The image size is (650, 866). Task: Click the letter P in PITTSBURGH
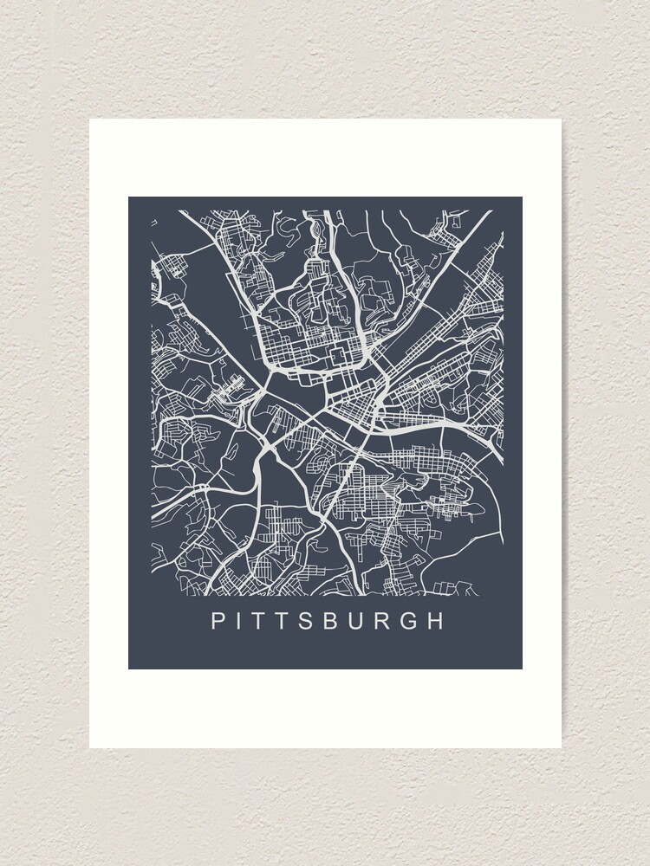click(x=218, y=621)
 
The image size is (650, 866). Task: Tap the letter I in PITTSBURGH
click(x=241, y=621)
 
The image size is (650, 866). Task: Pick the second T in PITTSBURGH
click(x=290, y=621)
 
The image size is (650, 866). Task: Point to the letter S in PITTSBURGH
click(x=318, y=621)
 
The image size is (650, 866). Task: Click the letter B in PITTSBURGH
click(x=347, y=621)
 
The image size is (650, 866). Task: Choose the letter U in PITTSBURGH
click(x=376, y=621)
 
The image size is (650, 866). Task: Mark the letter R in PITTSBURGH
click(x=406, y=621)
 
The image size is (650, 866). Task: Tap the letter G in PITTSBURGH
click(x=434, y=621)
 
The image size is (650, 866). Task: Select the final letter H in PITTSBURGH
click(x=465, y=621)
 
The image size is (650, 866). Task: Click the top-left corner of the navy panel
click(x=129, y=197)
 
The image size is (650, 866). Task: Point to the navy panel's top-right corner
click(x=522, y=197)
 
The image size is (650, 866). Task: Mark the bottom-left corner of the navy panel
click(x=129, y=669)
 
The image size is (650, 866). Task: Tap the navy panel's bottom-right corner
click(x=522, y=669)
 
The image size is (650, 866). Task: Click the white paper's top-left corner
click(x=90, y=120)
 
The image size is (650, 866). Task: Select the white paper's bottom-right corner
click(x=561, y=747)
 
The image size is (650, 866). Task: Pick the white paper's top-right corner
click(x=561, y=120)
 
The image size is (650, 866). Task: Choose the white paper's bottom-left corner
click(x=90, y=747)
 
